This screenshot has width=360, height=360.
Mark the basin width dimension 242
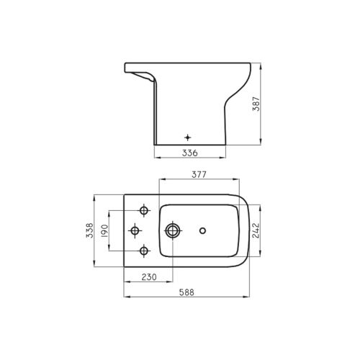(x=256, y=230)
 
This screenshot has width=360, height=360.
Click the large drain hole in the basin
(x=174, y=230)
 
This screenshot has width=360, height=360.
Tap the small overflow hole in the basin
(x=204, y=231)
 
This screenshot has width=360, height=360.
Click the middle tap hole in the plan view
(x=134, y=230)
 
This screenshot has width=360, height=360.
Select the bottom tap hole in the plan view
(x=144, y=251)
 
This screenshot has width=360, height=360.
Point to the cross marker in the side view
(x=188, y=136)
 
